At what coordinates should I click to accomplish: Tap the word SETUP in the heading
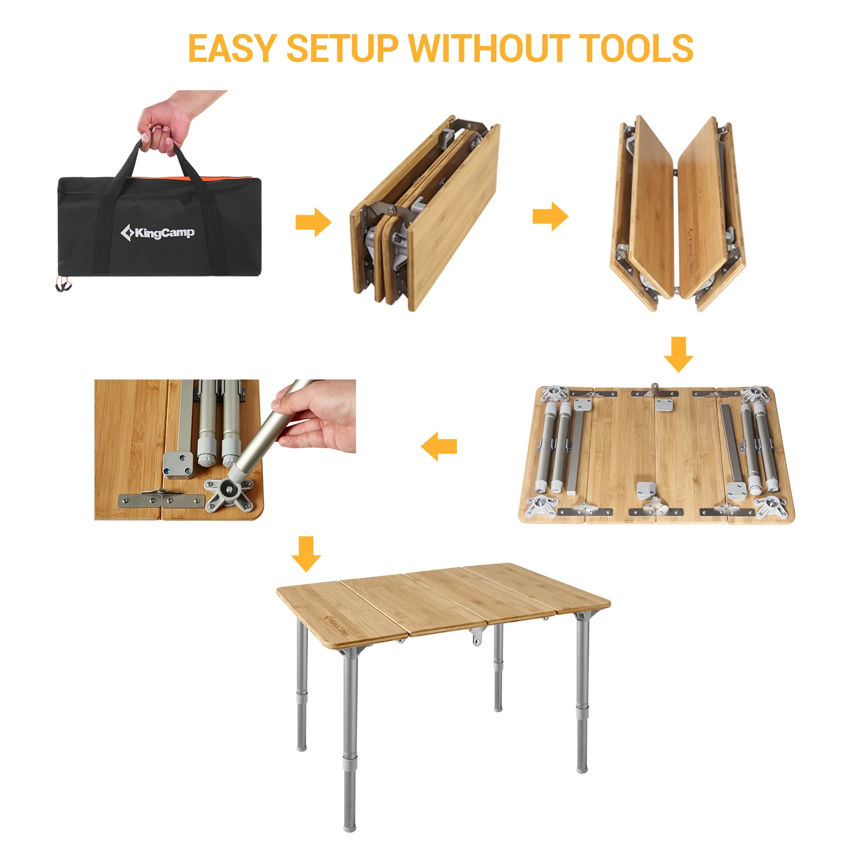342,49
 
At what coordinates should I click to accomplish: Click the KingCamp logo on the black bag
157,233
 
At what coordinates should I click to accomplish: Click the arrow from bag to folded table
313,222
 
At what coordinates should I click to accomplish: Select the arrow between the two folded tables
550,216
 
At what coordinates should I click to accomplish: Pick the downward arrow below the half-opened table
678,354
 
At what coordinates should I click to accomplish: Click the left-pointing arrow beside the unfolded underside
439,446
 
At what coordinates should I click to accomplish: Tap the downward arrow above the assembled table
306,554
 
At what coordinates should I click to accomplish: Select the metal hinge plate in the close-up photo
161,500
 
